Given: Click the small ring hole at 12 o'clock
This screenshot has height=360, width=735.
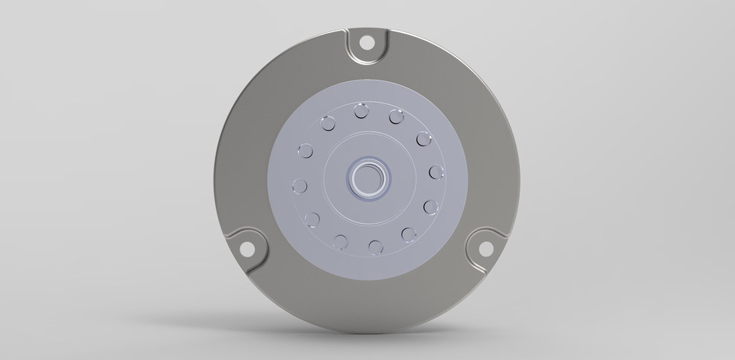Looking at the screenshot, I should click(x=361, y=113).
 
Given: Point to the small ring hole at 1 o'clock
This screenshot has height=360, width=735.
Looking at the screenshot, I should click(x=396, y=117).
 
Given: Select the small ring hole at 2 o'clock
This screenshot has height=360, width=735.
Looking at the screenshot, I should click(x=423, y=139).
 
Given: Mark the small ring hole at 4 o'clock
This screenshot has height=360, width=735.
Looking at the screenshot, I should click(x=430, y=207).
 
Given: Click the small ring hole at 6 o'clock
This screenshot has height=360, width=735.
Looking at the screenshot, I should click(x=375, y=247).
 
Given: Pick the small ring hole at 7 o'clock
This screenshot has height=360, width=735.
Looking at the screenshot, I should click(x=341, y=242).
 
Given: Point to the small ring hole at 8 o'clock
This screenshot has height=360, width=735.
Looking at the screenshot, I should click(x=312, y=221).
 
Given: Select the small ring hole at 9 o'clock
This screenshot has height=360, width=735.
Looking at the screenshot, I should click(x=299, y=186).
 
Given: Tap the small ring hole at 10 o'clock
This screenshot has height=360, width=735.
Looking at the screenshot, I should click(x=305, y=150).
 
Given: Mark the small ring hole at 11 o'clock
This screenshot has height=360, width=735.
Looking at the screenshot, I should click(x=328, y=123).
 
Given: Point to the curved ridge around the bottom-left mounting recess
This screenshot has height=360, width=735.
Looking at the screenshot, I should click(x=260, y=233).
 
